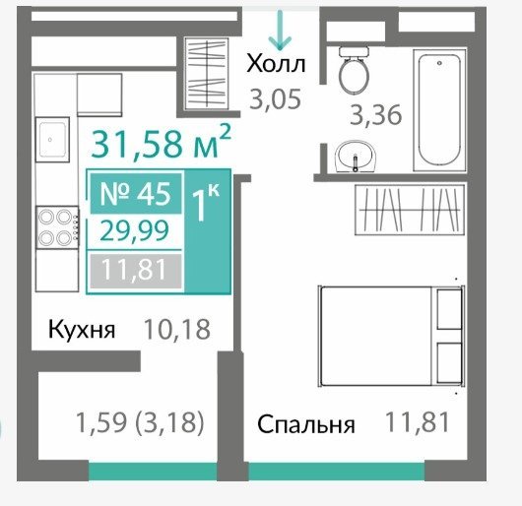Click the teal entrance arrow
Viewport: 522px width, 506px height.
click(280, 30)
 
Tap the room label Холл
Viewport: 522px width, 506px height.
click(276, 64)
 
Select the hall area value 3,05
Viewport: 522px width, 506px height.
click(276, 99)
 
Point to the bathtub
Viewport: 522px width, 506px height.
click(440, 110)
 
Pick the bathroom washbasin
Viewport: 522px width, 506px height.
click(356, 157)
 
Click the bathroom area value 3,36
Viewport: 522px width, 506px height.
click(376, 115)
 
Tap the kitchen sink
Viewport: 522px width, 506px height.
click(52, 140)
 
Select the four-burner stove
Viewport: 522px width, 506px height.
click(57, 227)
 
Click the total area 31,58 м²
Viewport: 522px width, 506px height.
click(161, 143)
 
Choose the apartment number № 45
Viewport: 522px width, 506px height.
click(136, 194)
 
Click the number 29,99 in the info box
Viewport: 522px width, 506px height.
click(135, 231)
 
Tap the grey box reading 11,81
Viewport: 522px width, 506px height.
click(136, 271)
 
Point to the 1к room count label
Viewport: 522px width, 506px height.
click(206, 203)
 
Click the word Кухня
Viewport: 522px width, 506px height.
click(82, 330)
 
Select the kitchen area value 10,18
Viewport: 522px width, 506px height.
click(176, 330)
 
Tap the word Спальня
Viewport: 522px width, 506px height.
click(306, 425)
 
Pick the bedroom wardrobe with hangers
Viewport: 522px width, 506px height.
click(410, 210)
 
